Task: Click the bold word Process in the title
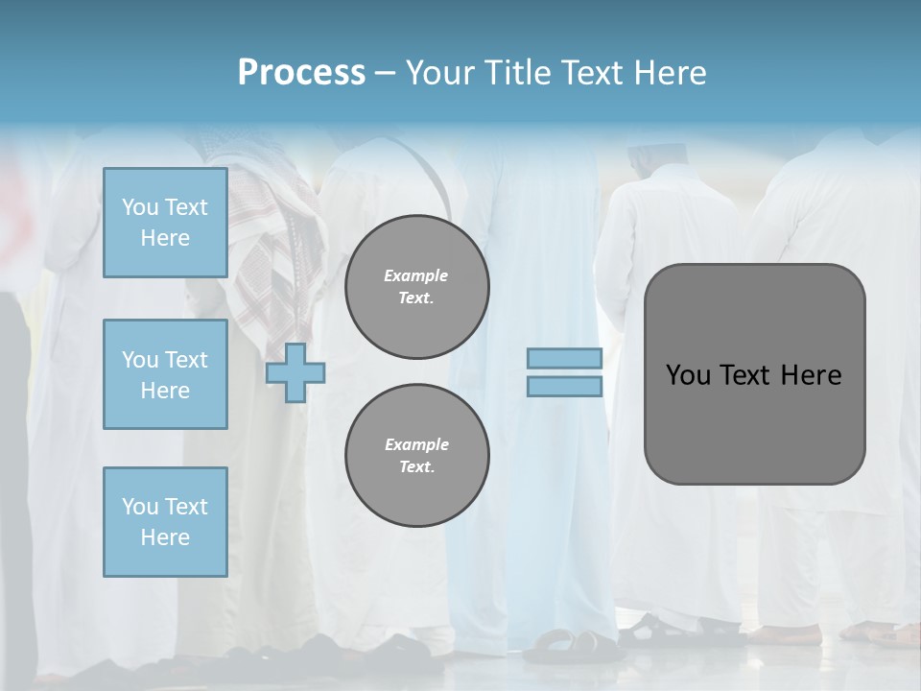(301, 73)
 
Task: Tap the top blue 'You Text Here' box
(165, 223)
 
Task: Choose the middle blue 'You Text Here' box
(165, 374)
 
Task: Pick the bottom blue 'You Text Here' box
(165, 522)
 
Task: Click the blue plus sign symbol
(295, 372)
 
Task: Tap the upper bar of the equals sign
(564, 359)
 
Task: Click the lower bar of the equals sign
(564, 387)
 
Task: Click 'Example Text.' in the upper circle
(416, 286)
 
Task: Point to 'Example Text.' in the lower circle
(416, 455)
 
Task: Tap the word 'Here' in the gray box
(811, 375)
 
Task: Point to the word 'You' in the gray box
(689, 375)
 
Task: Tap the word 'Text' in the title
(589, 73)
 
